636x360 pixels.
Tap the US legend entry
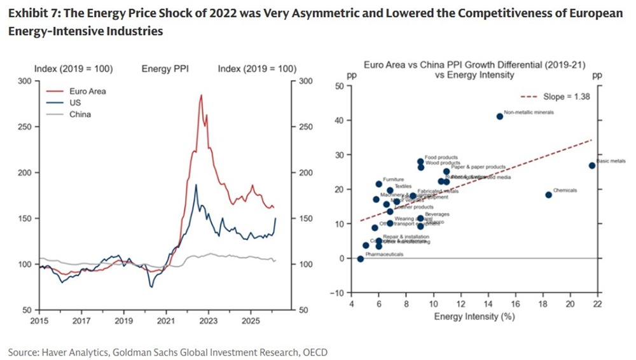click(x=75, y=103)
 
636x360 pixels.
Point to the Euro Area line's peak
click(x=201, y=95)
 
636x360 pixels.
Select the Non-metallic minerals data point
click(x=500, y=116)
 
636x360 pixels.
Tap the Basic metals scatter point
click(x=592, y=165)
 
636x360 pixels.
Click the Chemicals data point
click(x=548, y=195)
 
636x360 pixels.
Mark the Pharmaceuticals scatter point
click(x=361, y=259)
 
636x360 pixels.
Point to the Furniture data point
click(x=379, y=184)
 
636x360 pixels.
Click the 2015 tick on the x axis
click(x=39, y=322)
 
